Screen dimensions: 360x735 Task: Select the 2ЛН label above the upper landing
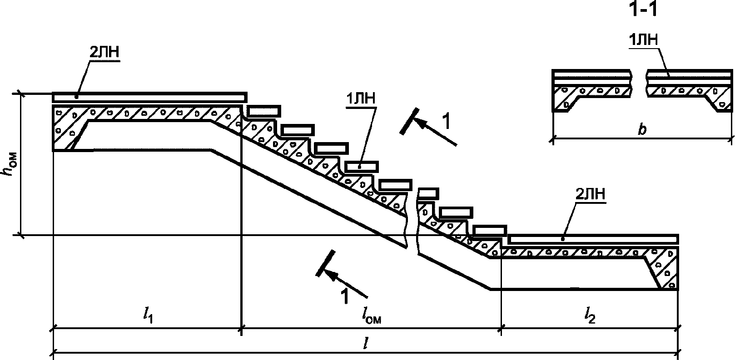(x=104, y=53)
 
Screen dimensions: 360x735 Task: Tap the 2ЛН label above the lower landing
(x=591, y=195)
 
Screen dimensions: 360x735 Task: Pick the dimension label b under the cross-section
(x=642, y=130)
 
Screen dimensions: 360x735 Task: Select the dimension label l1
(x=148, y=315)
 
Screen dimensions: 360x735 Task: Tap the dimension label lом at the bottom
(x=371, y=315)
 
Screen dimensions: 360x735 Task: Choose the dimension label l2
(x=590, y=315)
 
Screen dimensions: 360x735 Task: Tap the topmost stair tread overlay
(x=264, y=111)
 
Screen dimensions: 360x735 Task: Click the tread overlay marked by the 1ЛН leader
(x=361, y=167)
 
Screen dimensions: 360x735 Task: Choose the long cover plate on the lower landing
(x=593, y=239)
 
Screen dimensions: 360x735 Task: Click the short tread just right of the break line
(x=428, y=193)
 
